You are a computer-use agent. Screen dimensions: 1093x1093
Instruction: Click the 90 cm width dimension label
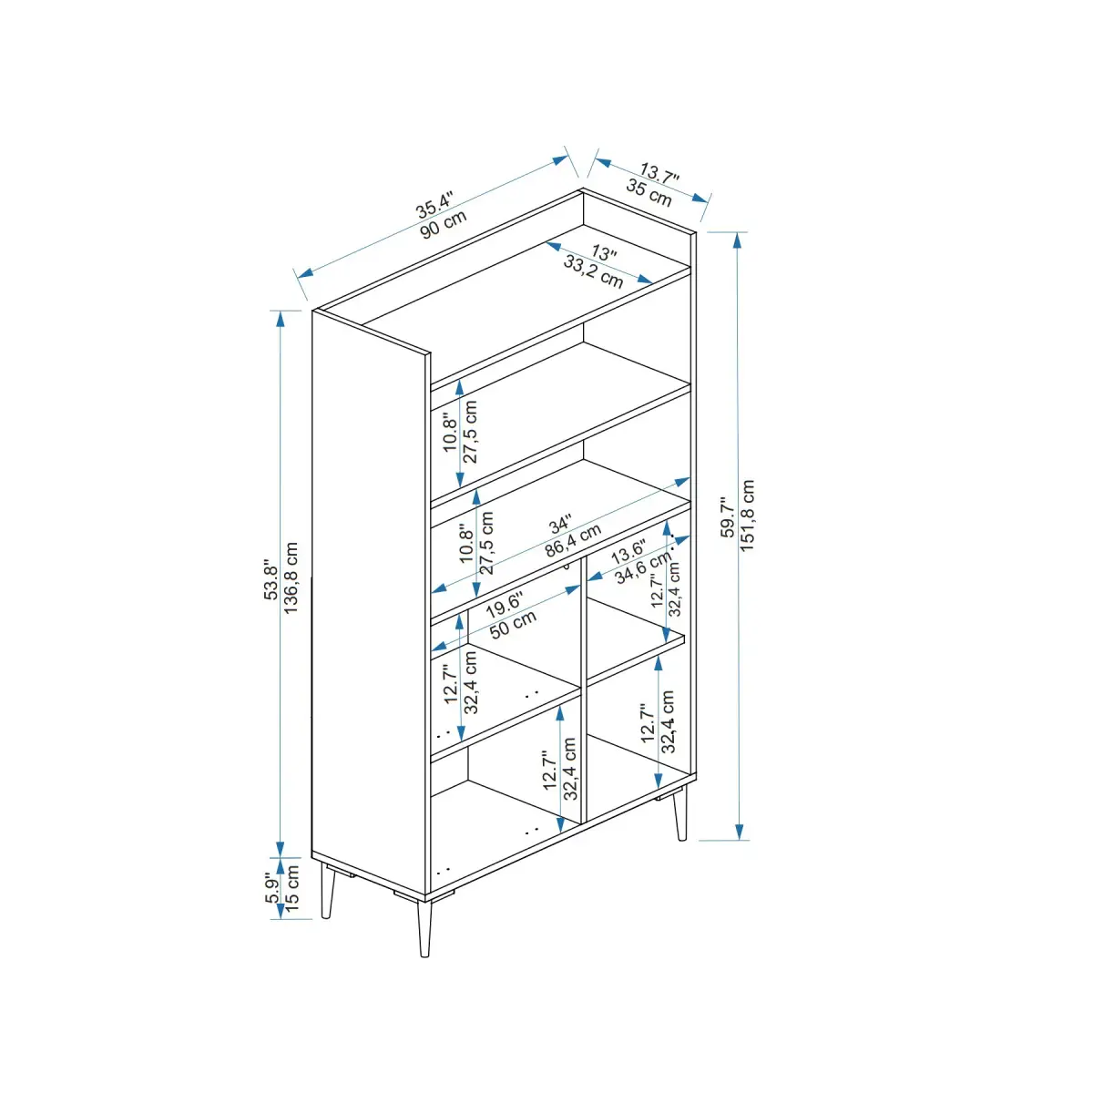click(x=444, y=225)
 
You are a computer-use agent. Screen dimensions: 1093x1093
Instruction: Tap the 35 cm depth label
click(x=649, y=193)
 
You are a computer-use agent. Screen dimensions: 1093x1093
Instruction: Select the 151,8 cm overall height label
click(x=748, y=516)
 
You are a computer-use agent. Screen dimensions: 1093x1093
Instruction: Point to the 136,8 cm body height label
click(x=291, y=577)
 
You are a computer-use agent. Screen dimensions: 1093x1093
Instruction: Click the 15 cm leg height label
click(x=291, y=888)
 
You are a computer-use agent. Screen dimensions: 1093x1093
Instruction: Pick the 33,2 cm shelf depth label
click(x=593, y=271)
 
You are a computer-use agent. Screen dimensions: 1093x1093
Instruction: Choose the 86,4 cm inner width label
click(x=573, y=540)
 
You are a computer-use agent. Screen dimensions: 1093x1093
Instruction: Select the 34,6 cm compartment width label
click(x=643, y=567)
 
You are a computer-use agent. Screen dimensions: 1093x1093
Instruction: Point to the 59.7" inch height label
click(x=728, y=517)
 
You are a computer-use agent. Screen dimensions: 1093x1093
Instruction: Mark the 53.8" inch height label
click(x=271, y=579)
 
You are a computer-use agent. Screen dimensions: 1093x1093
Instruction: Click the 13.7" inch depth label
click(x=659, y=172)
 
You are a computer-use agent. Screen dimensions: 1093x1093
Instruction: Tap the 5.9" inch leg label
click(x=273, y=890)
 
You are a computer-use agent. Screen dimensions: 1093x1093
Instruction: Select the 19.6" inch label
click(x=504, y=605)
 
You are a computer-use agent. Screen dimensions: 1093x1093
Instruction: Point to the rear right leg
click(x=680, y=812)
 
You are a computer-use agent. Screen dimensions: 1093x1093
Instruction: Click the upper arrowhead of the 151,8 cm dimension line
click(x=738, y=240)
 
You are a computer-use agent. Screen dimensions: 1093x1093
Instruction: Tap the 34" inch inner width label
click(x=560, y=525)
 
